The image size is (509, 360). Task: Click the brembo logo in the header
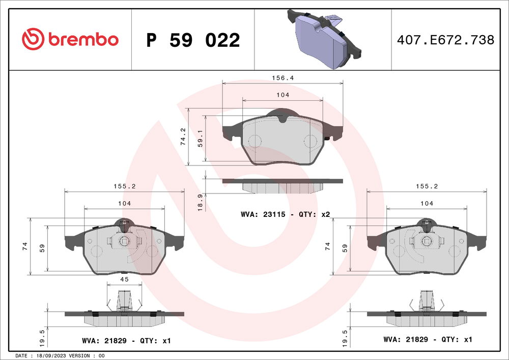70,39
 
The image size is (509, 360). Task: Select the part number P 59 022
193,40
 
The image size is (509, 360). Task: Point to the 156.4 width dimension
282,78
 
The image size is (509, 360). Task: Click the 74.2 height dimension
183,137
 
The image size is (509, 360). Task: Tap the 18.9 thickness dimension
200,203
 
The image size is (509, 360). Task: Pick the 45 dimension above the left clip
124,279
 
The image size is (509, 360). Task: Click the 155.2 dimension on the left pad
124,186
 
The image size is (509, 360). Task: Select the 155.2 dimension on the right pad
427,186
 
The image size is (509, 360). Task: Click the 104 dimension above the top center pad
282,95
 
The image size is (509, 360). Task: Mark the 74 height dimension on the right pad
328,246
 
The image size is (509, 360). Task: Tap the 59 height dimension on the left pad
43,248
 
